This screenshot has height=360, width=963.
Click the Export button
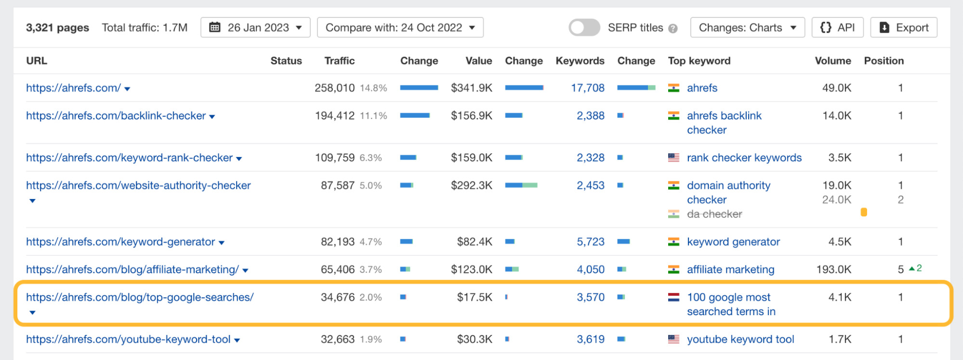pos(903,28)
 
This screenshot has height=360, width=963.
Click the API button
pos(837,28)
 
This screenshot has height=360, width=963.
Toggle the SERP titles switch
pos(584,28)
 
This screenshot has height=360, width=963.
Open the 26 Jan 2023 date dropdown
pos(255,28)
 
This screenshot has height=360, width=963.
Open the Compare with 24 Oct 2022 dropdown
pos(400,28)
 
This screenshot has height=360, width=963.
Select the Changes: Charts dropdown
pos(747,28)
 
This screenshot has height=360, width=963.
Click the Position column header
pos(884,61)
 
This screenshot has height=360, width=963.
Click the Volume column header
pos(832,61)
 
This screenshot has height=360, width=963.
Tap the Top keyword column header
pos(699,61)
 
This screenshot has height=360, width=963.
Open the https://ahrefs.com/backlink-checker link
pos(116,116)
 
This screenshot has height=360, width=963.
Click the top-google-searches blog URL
pos(140,297)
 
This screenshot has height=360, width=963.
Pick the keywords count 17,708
pos(587,88)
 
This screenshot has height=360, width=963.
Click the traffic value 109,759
pos(334,158)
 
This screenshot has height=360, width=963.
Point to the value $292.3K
pos(471,186)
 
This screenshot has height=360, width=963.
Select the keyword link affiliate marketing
pos(730,270)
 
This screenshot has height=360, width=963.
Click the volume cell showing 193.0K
pos(833,270)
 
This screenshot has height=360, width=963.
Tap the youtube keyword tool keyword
pos(740,340)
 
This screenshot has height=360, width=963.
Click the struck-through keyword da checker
pos(714,214)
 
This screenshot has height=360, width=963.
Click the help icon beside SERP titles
pos(673,29)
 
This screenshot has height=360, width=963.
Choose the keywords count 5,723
pos(590,242)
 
